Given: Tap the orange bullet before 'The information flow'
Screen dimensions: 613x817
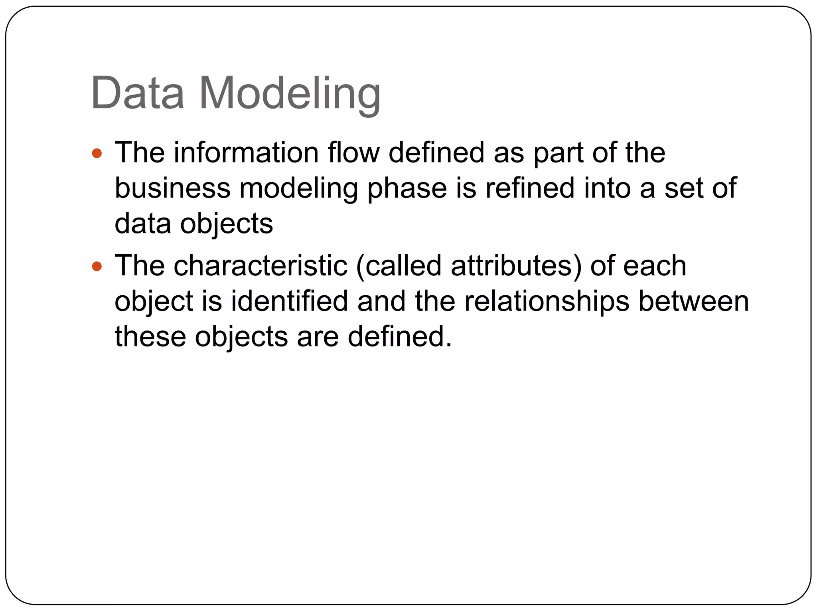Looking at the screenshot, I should pos(97,153).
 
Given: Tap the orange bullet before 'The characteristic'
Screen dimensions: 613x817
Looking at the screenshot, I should pos(97,266).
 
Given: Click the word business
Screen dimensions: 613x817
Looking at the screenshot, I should pos(172,188).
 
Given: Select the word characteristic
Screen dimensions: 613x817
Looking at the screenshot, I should pos(260,266).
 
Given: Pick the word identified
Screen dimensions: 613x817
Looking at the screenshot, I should pos(290,301).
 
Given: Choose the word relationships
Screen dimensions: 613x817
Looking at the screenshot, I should pos(547,302).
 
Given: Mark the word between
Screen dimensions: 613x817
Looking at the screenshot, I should pos(694,301).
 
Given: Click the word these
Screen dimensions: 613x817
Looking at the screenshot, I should pos(150,336).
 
